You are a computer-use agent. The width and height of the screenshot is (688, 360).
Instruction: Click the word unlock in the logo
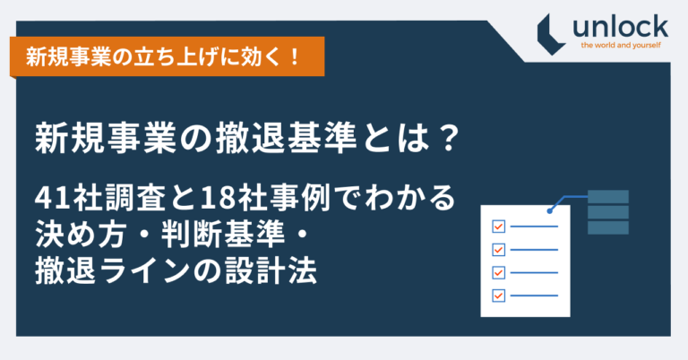[x=620, y=27]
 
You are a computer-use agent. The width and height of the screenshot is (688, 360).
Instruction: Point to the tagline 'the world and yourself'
[x=621, y=45]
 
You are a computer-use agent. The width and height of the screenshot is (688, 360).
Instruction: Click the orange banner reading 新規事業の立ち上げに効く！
[x=168, y=56]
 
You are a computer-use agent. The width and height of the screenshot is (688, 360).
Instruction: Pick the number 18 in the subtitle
[x=217, y=198]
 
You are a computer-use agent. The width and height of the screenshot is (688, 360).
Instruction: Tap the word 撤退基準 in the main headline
[x=286, y=138]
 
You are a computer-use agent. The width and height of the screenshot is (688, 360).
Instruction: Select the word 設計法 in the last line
[x=271, y=270]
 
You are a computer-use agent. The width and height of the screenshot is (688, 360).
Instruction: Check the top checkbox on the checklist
[x=498, y=227]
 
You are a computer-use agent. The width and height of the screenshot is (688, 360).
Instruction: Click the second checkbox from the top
[x=498, y=250]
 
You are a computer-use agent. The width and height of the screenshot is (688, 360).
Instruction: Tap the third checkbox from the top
[x=498, y=272]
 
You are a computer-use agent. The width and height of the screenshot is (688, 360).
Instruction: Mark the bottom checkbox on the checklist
[x=498, y=296]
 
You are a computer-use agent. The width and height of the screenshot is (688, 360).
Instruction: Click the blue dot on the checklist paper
[x=549, y=211]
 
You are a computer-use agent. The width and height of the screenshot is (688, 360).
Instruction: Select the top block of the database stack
[x=607, y=196]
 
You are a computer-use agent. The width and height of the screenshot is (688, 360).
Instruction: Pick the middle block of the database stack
[x=607, y=212]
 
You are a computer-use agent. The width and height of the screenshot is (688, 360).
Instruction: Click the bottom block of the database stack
[x=607, y=227]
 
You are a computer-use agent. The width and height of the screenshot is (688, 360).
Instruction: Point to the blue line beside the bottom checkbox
[x=534, y=296]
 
